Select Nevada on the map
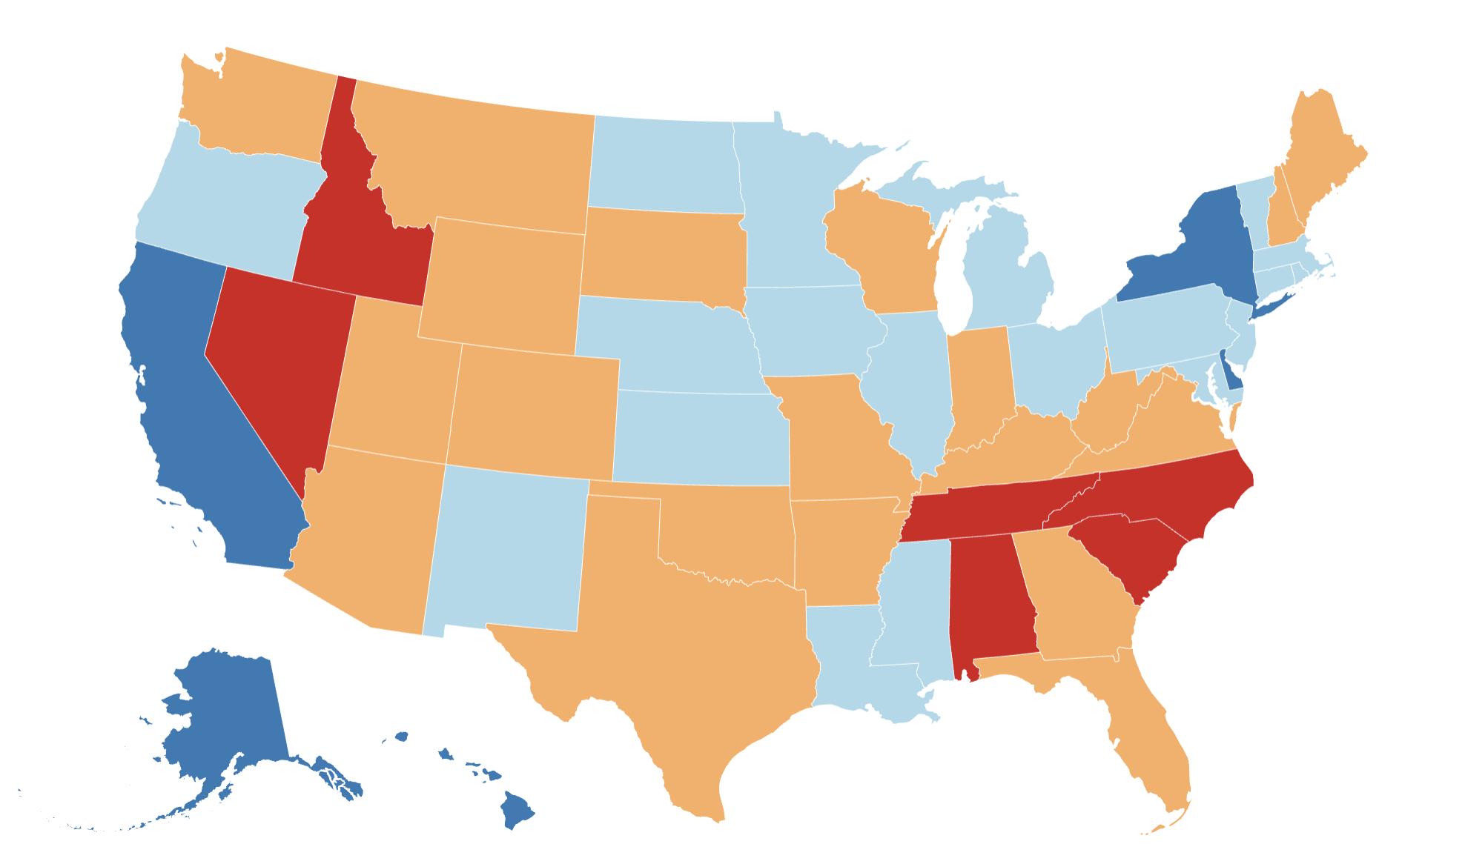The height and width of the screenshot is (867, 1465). tap(271, 356)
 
